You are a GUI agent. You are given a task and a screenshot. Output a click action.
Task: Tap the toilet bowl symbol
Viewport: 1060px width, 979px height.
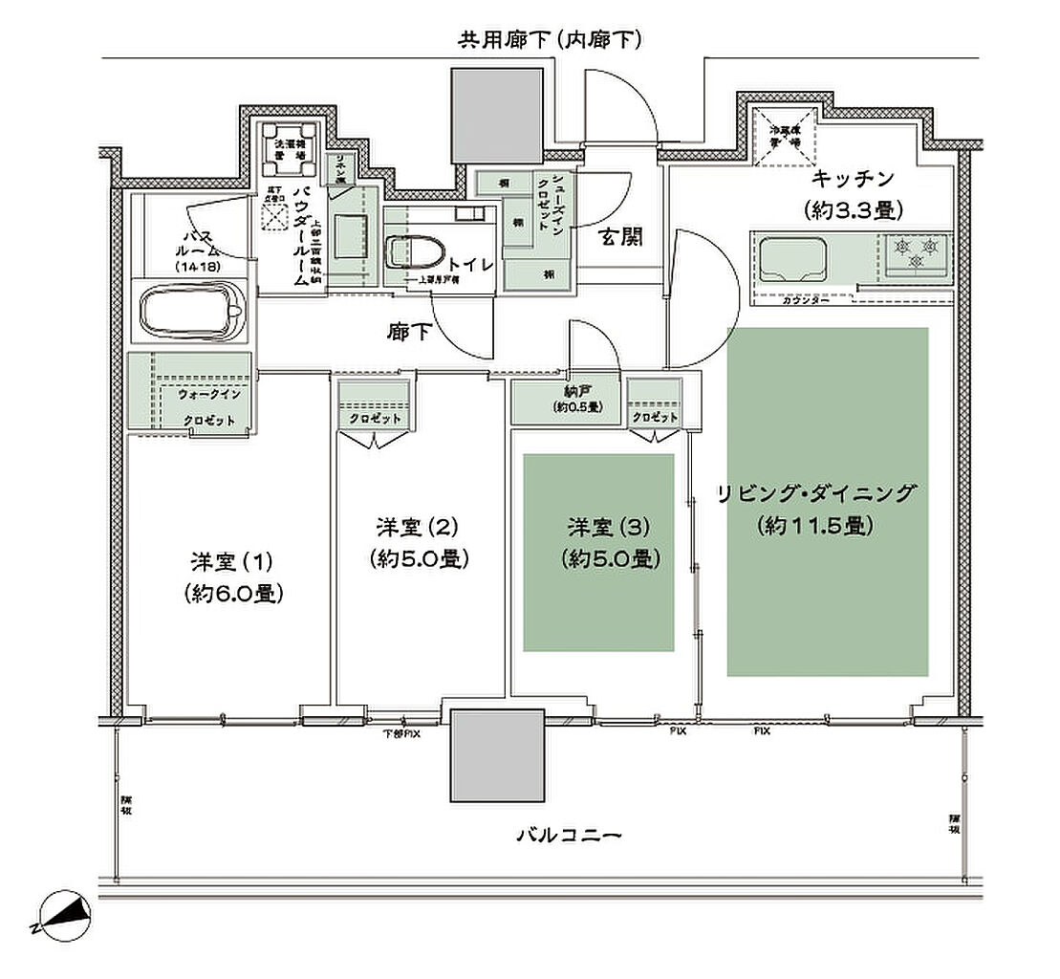click(x=412, y=252)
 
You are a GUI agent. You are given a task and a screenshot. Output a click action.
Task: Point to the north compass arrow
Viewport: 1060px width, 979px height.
click(x=61, y=916)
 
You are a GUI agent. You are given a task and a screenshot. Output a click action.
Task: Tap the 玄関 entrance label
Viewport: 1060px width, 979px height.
click(x=621, y=238)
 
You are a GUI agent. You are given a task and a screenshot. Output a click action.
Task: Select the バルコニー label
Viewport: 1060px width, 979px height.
click(x=570, y=835)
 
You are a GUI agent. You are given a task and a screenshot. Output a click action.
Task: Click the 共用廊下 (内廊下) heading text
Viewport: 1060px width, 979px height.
click(x=549, y=39)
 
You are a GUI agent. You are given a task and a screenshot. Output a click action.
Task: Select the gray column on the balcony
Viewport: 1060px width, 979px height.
click(x=495, y=754)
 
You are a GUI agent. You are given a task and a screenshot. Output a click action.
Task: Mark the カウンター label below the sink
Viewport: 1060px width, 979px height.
click(x=805, y=300)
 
